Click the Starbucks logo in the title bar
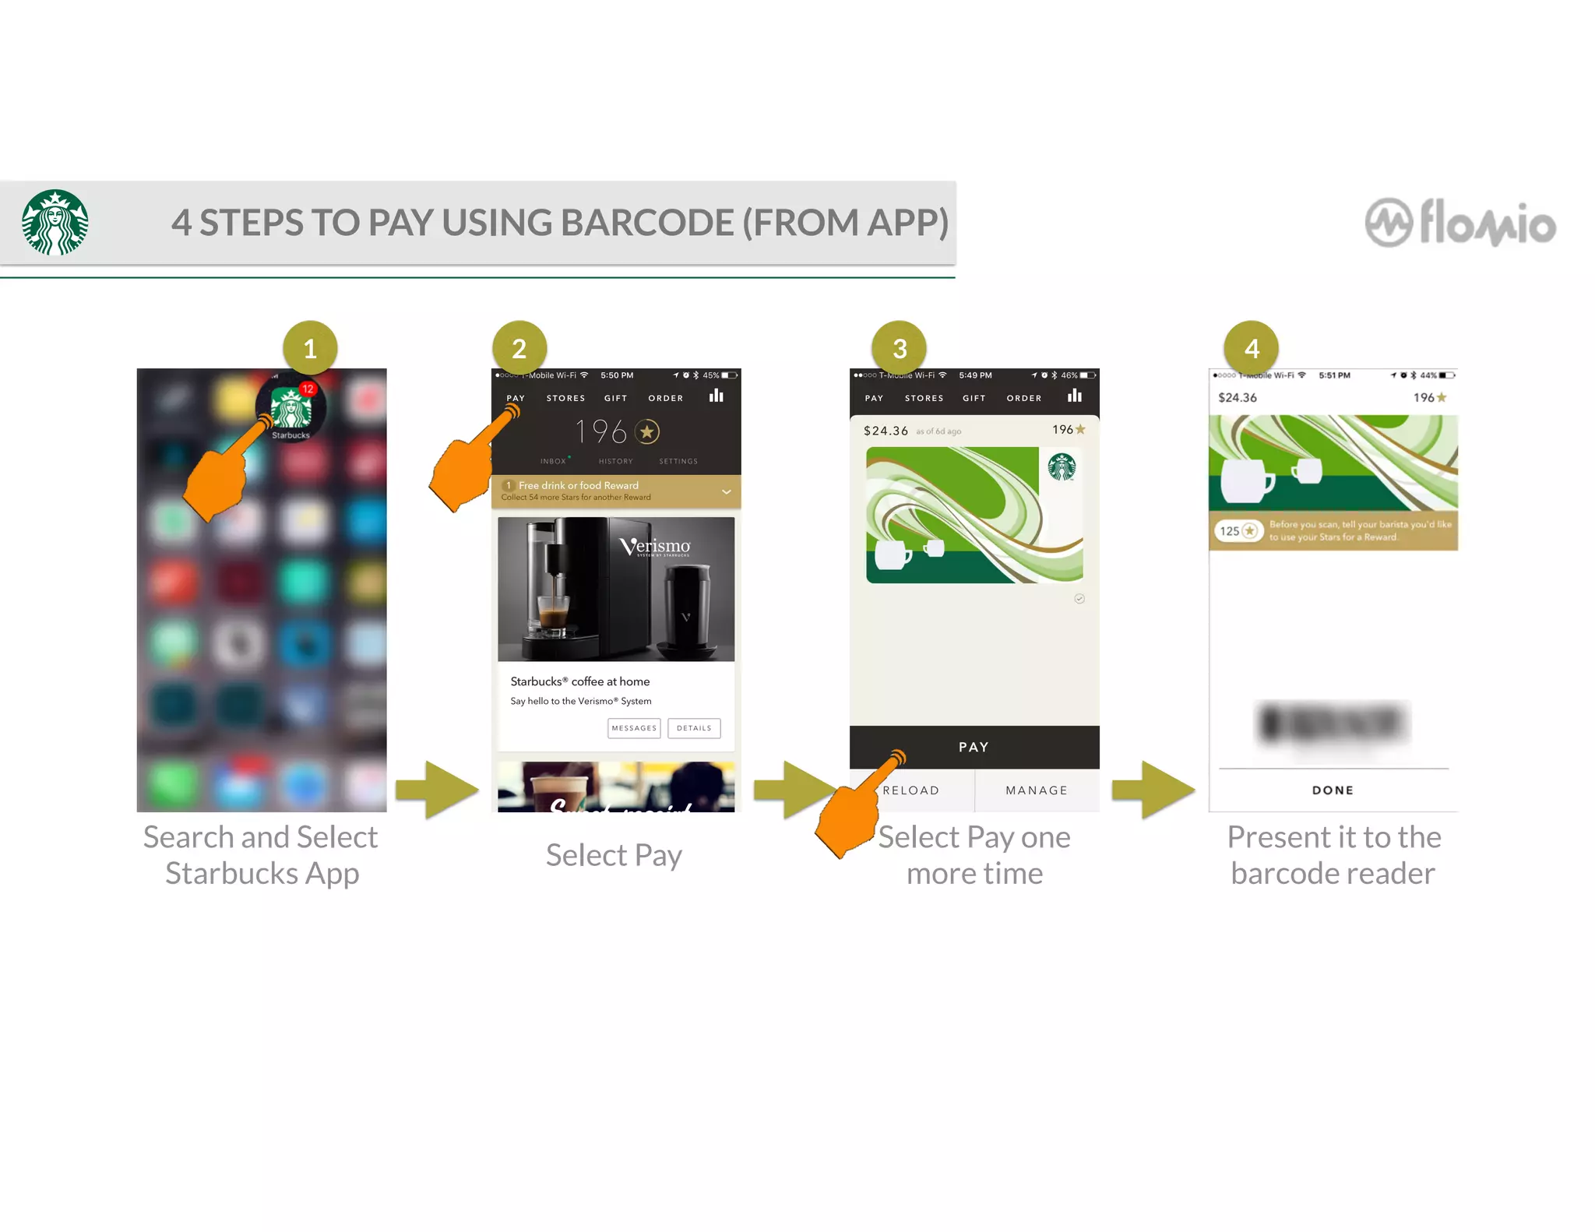tap(55, 223)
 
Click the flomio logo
tap(1460, 224)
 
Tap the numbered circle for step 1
tap(310, 348)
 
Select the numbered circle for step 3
tap(900, 348)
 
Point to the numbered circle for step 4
tap(1252, 348)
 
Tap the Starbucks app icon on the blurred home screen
tap(290, 408)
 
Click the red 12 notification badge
tap(308, 389)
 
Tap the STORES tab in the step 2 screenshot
tap(565, 398)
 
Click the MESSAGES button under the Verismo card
tap(634, 728)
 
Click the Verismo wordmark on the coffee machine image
tap(656, 547)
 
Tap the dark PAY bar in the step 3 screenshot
tap(974, 747)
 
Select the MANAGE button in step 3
tap(1037, 790)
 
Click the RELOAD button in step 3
tap(911, 790)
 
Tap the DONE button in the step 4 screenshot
tap(1333, 790)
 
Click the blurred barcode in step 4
tap(1333, 723)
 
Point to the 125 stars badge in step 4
tap(1237, 531)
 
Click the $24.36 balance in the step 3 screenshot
tap(886, 431)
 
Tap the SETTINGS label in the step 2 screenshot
tap(678, 461)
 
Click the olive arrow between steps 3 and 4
tap(1153, 790)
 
